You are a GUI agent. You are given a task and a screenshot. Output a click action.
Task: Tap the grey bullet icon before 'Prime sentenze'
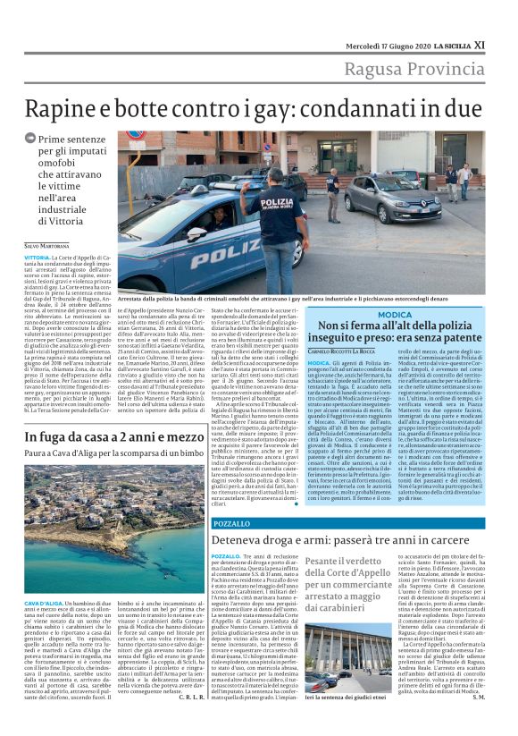(31, 139)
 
